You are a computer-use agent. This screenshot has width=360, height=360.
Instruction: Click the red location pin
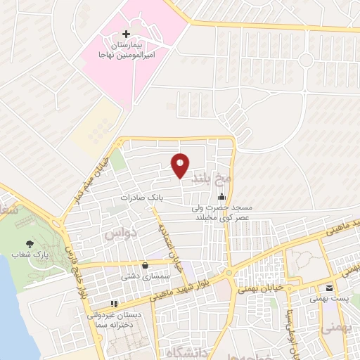coord(180,165)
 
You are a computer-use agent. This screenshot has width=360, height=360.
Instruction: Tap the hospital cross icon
coord(126,34)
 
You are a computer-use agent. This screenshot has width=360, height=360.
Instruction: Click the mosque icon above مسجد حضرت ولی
coord(222,196)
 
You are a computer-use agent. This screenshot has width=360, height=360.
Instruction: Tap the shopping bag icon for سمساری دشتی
coord(145,265)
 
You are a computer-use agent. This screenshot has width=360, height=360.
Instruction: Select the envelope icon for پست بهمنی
coord(328,288)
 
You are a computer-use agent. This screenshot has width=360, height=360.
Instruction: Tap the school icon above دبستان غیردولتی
coord(115,304)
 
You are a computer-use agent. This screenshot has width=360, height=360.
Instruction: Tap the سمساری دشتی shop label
coord(144,277)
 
